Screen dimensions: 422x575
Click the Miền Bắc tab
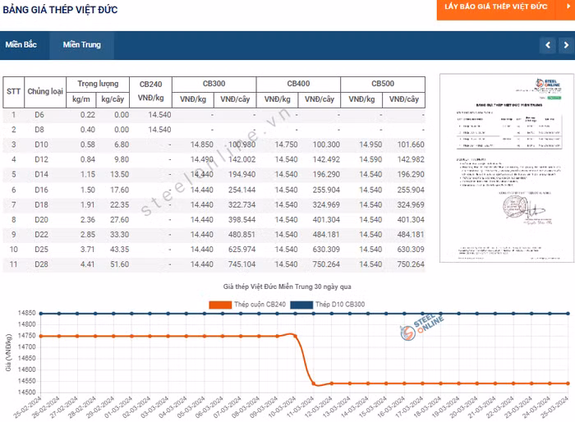click(21, 44)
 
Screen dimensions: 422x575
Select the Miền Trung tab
click(81, 44)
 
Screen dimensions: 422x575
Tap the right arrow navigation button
click(566, 45)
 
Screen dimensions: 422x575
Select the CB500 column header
click(383, 84)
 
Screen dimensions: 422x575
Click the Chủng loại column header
click(45, 91)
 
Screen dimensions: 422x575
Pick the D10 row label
click(39, 144)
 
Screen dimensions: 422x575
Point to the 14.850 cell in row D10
click(201, 144)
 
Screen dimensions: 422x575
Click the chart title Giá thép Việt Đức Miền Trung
click(287, 288)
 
